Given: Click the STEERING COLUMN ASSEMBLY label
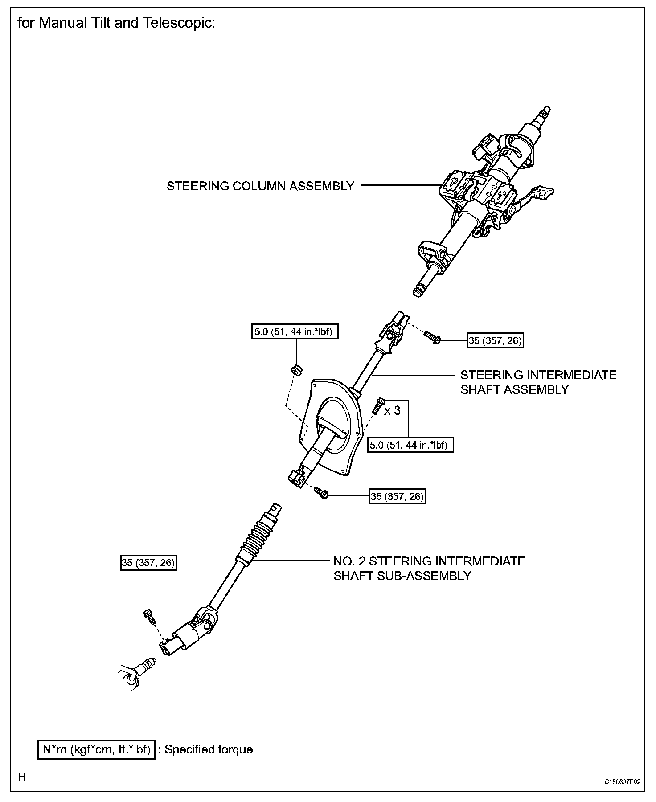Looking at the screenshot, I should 260,186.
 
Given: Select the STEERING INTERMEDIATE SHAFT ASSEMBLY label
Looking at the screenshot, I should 538,382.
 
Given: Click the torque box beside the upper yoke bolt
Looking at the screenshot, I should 495,341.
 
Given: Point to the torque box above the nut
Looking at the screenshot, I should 294,331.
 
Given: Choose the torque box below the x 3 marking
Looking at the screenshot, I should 410,444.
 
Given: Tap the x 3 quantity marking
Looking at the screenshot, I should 392,410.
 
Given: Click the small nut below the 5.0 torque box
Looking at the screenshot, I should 295,369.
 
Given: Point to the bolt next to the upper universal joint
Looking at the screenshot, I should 432,337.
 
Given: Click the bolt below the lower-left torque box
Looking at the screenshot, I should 149,616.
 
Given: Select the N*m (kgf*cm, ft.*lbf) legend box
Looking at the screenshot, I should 96,749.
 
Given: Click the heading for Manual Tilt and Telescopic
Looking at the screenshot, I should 116,23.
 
